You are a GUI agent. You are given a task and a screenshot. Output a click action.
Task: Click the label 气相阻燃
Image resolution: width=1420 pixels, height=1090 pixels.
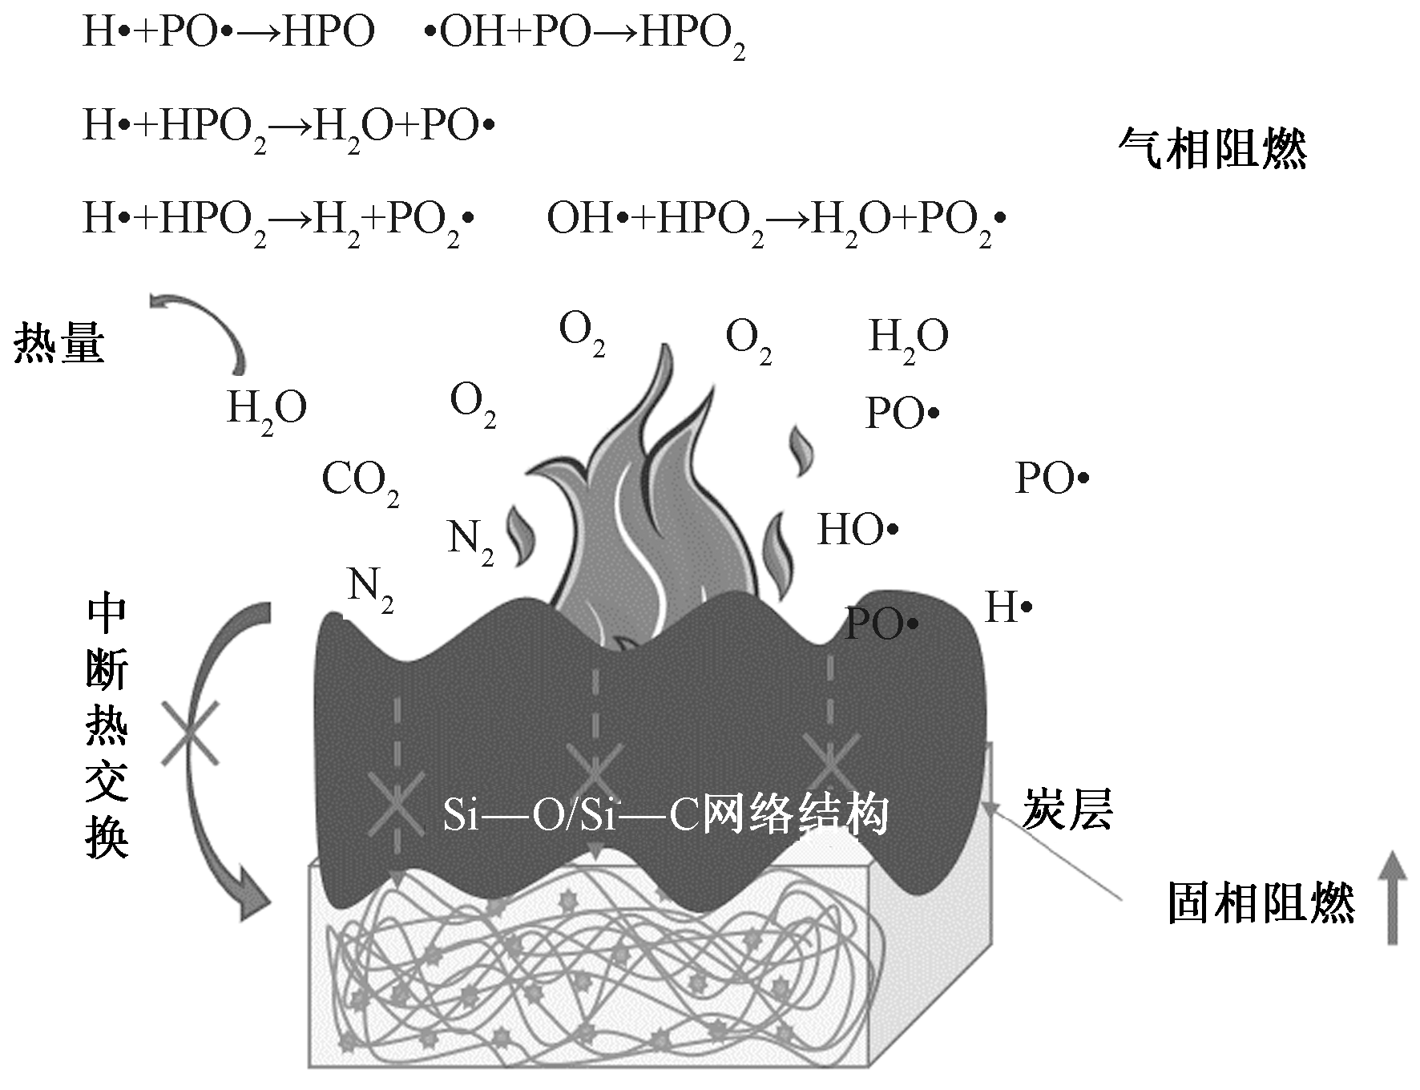[x=1212, y=149]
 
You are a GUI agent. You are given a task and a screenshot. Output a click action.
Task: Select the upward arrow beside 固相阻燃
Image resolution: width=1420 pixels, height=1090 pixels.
[x=1393, y=897]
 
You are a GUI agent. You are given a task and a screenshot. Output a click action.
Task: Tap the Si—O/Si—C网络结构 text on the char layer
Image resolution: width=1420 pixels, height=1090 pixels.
[x=665, y=817]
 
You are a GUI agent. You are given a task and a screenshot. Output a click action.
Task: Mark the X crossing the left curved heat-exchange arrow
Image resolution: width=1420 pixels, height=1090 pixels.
[x=189, y=733]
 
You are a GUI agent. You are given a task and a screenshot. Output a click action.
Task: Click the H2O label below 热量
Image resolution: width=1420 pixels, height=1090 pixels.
[x=267, y=409]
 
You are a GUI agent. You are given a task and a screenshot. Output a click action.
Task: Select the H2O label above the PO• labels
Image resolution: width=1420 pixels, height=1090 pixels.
[x=908, y=337]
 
